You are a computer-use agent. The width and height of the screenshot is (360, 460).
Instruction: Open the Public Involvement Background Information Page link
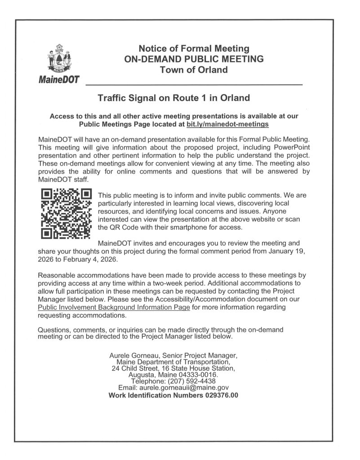click(x=115, y=307)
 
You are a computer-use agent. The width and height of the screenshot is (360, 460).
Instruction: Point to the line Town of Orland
click(x=194, y=70)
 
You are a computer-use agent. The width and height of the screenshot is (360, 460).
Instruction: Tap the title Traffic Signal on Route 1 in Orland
click(x=174, y=97)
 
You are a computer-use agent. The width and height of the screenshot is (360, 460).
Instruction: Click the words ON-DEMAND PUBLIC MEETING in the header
click(x=194, y=59)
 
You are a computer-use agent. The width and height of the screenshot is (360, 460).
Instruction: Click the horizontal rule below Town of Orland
click(x=194, y=84)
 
